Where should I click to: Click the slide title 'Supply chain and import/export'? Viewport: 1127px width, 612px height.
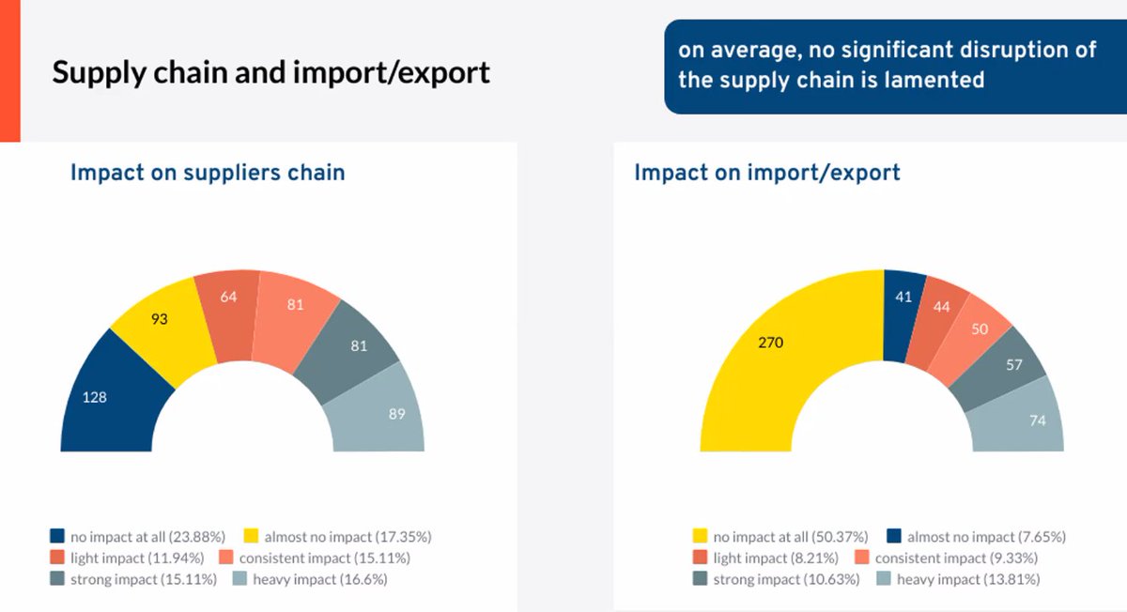click(270, 73)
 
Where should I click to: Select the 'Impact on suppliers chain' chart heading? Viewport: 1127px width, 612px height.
click(208, 173)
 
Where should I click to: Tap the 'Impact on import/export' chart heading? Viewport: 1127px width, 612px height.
click(766, 173)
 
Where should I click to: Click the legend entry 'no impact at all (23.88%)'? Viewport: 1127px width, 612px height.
click(137, 537)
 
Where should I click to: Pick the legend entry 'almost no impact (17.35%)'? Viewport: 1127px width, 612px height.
click(337, 537)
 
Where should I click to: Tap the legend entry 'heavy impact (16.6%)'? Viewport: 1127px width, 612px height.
click(310, 579)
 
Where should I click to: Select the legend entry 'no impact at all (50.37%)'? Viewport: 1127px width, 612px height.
click(780, 537)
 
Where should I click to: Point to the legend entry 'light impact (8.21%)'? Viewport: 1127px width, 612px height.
click(765, 558)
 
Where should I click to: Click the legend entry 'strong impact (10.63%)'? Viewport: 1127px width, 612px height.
click(777, 579)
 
